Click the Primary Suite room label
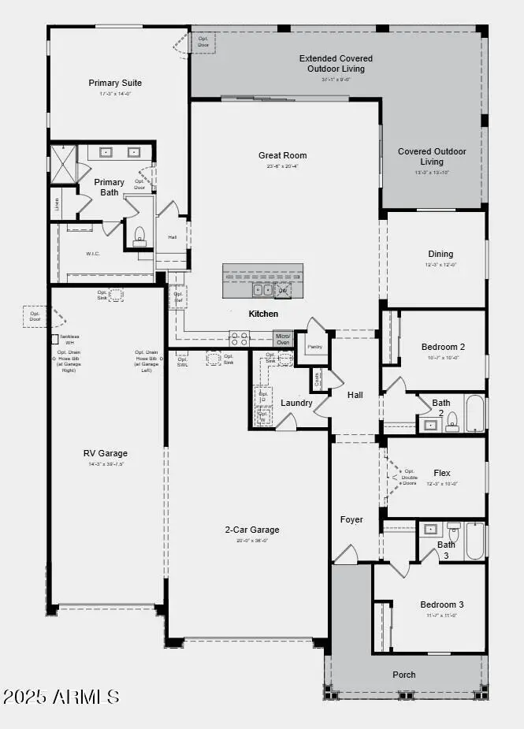[115, 83]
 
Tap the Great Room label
[282, 155]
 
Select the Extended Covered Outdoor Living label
[336, 64]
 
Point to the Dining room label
[440, 254]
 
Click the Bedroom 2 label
[443, 347]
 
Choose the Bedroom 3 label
[442, 604]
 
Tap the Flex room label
[441, 474]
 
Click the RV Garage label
[106, 453]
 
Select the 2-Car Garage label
[252, 530]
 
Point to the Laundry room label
[296, 403]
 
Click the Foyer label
[351, 519]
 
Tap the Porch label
[404, 675]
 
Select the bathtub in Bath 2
[474, 414]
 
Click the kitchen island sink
[262, 290]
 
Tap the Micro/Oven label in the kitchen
[283, 339]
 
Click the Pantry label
[314, 347]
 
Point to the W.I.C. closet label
[93, 254]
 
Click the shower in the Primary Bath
[62, 164]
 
